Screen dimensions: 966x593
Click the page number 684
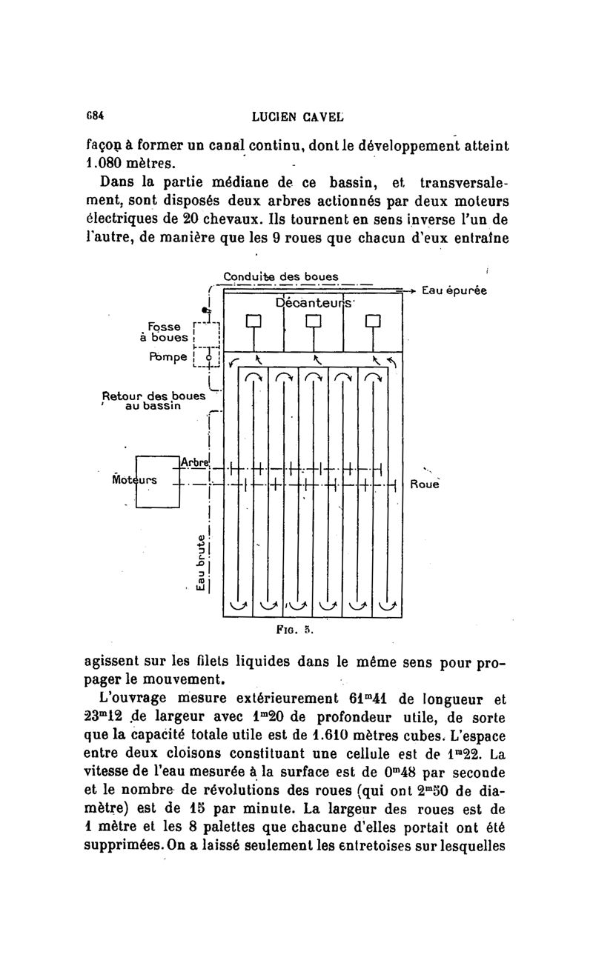(x=94, y=116)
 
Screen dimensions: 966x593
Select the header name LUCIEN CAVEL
(x=297, y=116)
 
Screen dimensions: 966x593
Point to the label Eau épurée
(x=454, y=291)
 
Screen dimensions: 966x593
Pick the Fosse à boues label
(x=162, y=331)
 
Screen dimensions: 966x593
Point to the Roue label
(x=425, y=485)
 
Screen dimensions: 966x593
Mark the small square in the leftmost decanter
(x=254, y=321)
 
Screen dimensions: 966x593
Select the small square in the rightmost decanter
(x=372, y=321)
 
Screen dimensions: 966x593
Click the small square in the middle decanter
(x=313, y=321)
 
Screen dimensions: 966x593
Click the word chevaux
(x=242, y=220)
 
